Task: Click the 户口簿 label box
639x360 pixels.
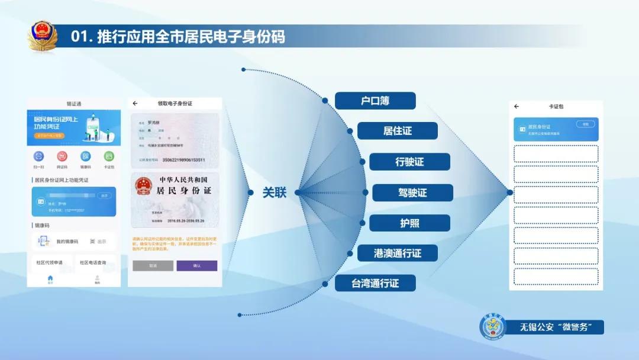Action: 375,101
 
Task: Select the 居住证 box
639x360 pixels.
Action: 397,131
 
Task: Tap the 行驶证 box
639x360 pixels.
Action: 409,162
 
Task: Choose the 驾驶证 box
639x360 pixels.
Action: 412,192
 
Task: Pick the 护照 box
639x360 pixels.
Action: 409,223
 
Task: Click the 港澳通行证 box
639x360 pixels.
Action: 397,253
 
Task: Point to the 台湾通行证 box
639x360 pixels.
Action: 375,284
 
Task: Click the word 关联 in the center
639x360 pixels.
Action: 275,192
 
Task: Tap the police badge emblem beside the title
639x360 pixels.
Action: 43,37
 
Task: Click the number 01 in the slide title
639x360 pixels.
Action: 79,37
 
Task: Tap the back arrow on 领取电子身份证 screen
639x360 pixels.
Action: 135,104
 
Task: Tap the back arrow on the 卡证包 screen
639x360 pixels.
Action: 517,107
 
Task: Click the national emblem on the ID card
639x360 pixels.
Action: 144,185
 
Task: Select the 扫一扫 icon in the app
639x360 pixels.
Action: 39,156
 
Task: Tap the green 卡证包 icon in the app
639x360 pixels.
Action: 109,156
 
